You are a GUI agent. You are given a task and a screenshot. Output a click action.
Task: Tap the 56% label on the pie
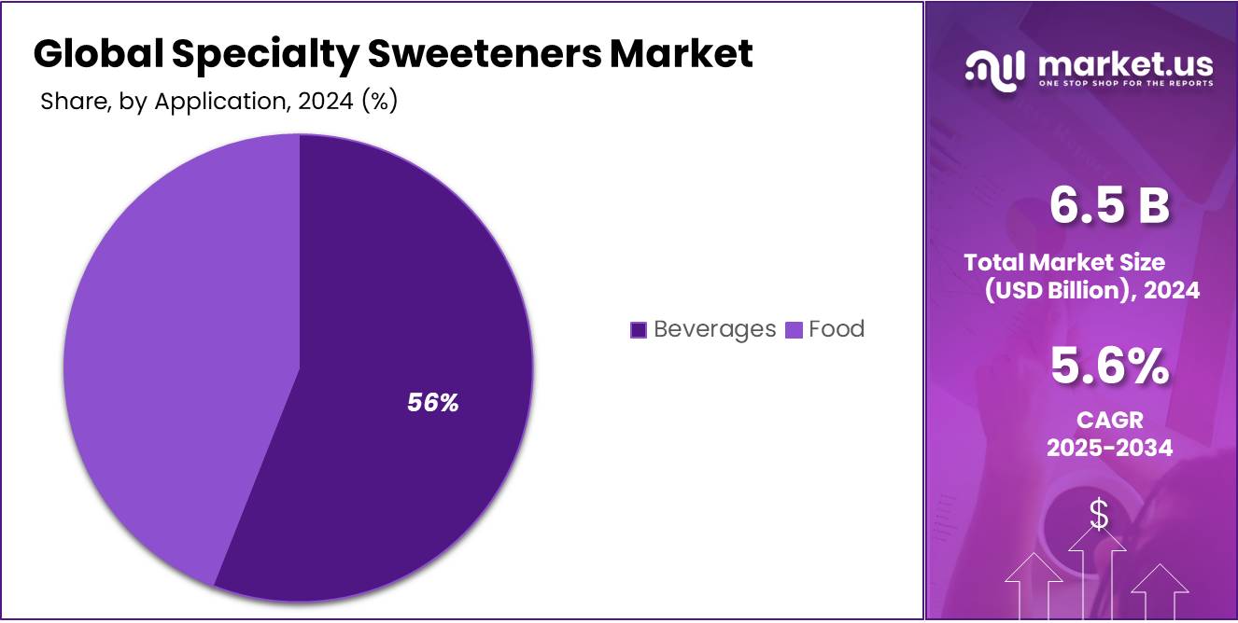pyautogui.click(x=433, y=403)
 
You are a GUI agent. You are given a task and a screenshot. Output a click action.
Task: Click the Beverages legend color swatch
pyautogui.click(x=639, y=329)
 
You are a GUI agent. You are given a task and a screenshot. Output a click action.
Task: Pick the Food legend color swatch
pyautogui.click(x=795, y=329)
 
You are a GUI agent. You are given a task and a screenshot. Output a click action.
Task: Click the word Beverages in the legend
pyautogui.click(x=714, y=329)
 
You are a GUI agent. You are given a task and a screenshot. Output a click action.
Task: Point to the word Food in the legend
pyautogui.click(x=837, y=329)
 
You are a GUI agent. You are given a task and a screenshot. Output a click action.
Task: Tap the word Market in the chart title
pyautogui.click(x=682, y=54)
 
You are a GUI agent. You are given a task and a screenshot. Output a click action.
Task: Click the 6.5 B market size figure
pyautogui.click(x=1109, y=205)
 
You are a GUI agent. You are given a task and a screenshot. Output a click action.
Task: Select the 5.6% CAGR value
pyautogui.click(x=1109, y=366)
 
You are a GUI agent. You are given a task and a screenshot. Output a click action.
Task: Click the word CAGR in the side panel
pyautogui.click(x=1109, y=420)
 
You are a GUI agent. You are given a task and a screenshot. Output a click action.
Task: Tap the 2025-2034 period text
pyautogui.click(x=1109, y=448)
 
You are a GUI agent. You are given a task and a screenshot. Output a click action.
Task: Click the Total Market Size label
pyautogui.click(x=1064, y=262)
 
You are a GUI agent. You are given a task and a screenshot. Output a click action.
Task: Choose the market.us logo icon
pyautogui.click(x=995, y=70)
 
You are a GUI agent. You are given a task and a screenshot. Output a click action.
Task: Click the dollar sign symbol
pyautogui.click(x=1099, y=515)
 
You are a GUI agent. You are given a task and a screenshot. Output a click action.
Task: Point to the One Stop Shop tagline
pyautogui.click(x=1125, y=83)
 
